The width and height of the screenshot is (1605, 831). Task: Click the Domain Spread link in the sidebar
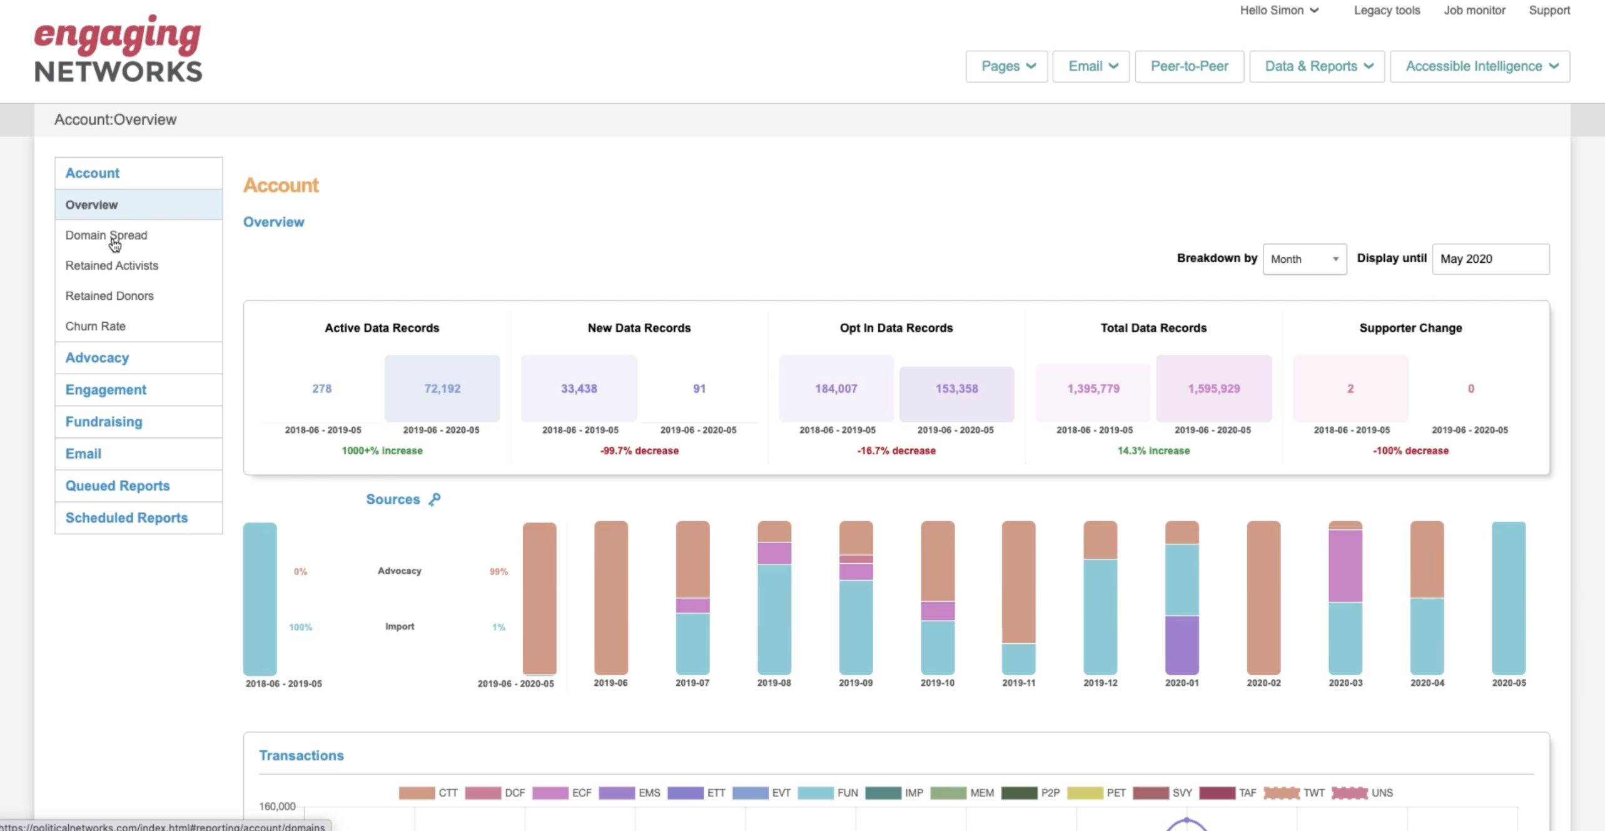click(x=106, y=235)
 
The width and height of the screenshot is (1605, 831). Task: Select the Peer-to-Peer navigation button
click(x=1189, y=66)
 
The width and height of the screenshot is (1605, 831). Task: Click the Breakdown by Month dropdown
click(x=1305, y=259)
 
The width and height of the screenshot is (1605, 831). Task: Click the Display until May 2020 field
click(x=1491, y=259)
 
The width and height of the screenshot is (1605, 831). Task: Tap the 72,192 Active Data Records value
click(x=442, y=389)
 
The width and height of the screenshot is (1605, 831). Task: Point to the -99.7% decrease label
click(x=639, y=451)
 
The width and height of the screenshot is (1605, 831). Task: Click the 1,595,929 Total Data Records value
click(x=1213, y=389)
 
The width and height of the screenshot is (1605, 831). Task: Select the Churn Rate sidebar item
click(x=96, y=326)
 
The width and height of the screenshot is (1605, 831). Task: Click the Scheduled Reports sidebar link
click(x=126, y=517)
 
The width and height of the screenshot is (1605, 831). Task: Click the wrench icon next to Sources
click(x=435, y=499)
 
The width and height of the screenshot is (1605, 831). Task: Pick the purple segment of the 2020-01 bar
click(x=1182, y=645)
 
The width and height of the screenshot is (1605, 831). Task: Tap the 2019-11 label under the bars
click(x=1018, y=683)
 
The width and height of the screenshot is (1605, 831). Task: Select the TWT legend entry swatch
click(x=1281, y=793)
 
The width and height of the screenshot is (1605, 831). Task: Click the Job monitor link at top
click(x=1474, y=11)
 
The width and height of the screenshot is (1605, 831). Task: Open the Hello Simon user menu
click(x=1279, y=11)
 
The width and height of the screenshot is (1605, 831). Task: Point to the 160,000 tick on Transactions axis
click(x=277, y=806)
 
